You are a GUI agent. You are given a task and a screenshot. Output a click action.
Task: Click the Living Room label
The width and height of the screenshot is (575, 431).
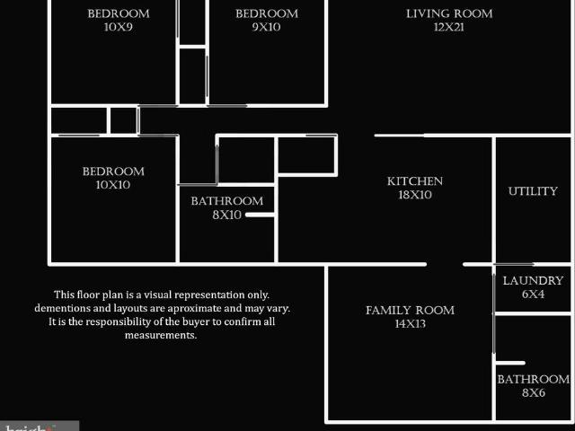(x=449, y=13)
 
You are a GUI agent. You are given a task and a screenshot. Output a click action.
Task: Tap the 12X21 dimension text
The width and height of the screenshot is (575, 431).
(x=449, y=27)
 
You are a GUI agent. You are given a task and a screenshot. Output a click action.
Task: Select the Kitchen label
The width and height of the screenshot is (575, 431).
(x=415, y=181)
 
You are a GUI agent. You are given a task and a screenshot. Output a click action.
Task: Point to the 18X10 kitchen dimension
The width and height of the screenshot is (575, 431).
(x=415, y=195)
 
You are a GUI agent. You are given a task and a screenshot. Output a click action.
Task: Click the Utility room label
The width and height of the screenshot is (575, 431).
(x=533, y=191)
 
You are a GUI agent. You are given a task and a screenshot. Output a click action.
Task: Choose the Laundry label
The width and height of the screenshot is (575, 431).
(x=533, y=280)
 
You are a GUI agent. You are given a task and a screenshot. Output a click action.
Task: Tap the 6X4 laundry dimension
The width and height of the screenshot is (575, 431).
(x=533, y=294)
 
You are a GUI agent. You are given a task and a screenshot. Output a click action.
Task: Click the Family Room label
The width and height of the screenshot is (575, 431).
(x=410, y=310)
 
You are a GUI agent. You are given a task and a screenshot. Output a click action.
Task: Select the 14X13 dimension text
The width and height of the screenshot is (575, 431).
(x=410, y=323)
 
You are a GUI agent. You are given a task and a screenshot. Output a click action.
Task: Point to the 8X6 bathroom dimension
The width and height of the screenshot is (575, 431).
(x=534, y=392)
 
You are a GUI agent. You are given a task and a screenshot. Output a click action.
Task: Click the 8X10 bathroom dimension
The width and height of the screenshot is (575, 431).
(x=226, y=215)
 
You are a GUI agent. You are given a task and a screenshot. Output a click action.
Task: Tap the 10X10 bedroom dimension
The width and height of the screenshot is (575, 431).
(x=113, y=185)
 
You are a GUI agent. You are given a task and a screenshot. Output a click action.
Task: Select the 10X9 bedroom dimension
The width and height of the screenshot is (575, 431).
(x=118, y=27)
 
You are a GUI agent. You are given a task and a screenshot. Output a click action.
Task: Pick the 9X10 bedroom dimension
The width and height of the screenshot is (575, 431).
(x=266, y=27)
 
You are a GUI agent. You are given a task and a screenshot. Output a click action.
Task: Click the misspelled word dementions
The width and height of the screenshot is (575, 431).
(x=62, y=308)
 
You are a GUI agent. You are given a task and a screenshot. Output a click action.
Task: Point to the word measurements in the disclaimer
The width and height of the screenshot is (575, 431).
(x=161, y=335)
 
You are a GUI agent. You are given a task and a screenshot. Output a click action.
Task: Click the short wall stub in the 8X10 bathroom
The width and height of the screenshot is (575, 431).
(x=260, y=215)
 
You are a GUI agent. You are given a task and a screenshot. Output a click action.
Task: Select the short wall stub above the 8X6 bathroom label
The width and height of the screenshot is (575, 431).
(x=509, y=363)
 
